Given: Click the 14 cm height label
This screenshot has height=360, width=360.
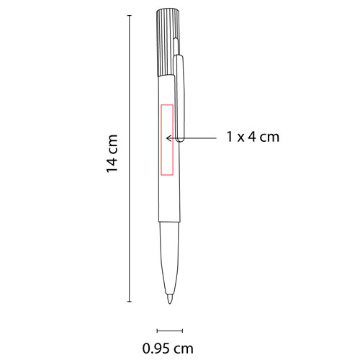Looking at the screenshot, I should pyautogui.click(x=112, y=153).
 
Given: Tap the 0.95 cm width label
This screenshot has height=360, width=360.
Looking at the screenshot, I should pyautogui.click(x=168, y=349).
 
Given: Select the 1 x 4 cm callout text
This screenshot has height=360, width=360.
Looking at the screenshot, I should pyautogui.click(x=252, y=136).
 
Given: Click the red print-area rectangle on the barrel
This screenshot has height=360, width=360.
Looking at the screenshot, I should pyautogui.click(x=170, y=140).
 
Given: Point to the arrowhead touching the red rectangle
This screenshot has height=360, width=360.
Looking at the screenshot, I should pyautogui.click(x=167, y=136).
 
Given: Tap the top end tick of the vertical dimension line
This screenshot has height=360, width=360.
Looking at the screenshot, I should pyautogui.click(x=129, y=14).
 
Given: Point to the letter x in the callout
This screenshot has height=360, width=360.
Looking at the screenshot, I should pyautogui.click(x=240, y=137).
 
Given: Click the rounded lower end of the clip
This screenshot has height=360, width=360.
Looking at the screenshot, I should pyautogui.click(x=181, y=138).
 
